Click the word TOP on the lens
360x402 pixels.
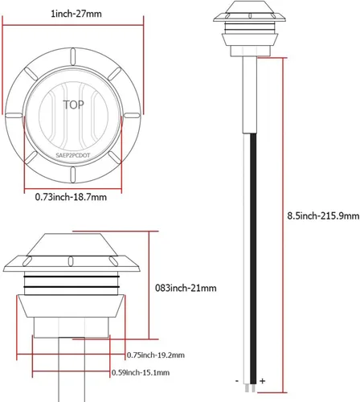click(x=72, y=104)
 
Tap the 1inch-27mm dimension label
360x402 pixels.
click(x=72, y=13)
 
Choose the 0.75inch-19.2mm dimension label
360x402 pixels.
click(x=156, y=355)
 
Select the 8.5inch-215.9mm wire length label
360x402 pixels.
click(x=320, y=215)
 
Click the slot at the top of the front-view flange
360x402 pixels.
click(x=72, y=55)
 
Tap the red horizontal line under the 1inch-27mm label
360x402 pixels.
click(x=72, y=23)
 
